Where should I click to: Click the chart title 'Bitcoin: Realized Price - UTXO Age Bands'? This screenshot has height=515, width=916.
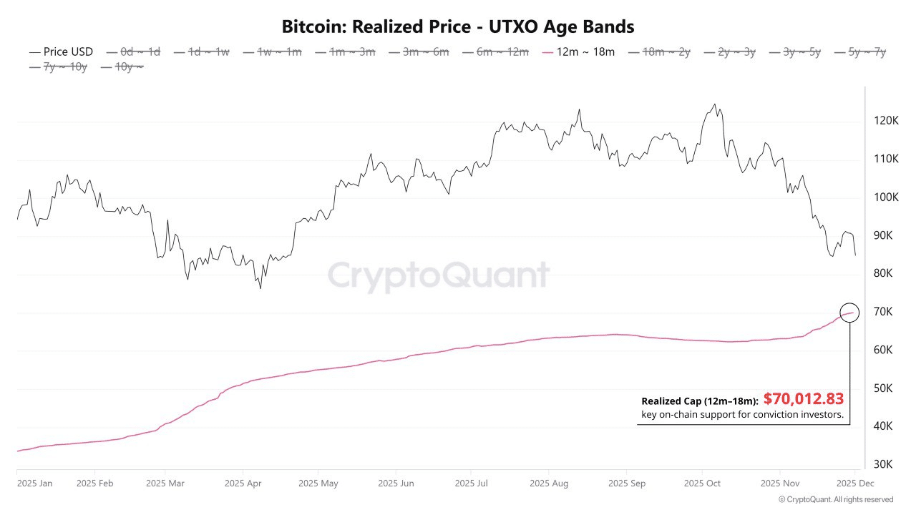pyautogui.click(x=458, y=27)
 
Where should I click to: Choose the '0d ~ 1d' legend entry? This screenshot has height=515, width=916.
pyautogui.click(x=140, y=52)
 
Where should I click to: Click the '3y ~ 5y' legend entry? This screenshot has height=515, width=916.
pyautogui.click(x=801, y=52)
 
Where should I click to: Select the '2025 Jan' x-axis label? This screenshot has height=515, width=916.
pyautogui.click(x=34, y=484)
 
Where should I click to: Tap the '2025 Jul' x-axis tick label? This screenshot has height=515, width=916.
pyautogui.click(x=472, y=484)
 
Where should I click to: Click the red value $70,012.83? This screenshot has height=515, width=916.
pyautogui.click(x=804, y=399)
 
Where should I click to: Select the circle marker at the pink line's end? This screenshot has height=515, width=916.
pyautogui.click(x=849, y=313)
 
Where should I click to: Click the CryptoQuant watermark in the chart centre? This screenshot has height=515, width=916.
pyautogui.click(x=439, y=276)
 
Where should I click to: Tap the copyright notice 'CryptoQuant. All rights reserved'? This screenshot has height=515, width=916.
pyautogui.click(x=836, y=500)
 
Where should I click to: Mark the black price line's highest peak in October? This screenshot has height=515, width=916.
pyautogui.click(x=714, y=104)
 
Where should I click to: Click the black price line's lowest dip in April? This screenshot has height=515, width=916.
pyautogui.click(x=260, y=288)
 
